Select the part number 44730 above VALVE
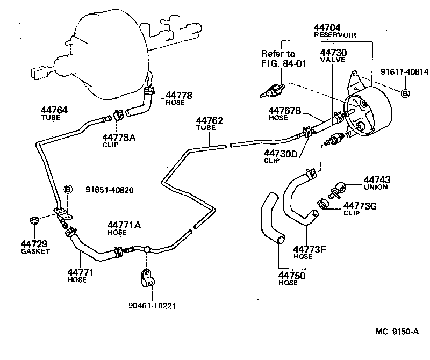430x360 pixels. (333, 53)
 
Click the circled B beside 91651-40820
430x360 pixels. (68, 189)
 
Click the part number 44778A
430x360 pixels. (119, 137)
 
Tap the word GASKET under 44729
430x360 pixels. (35, 251)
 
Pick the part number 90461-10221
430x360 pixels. (153, 306)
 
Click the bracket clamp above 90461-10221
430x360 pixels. (146, 278)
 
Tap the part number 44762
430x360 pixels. (209, 121)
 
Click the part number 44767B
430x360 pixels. (285, 111)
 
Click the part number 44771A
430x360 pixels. (124, 225)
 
